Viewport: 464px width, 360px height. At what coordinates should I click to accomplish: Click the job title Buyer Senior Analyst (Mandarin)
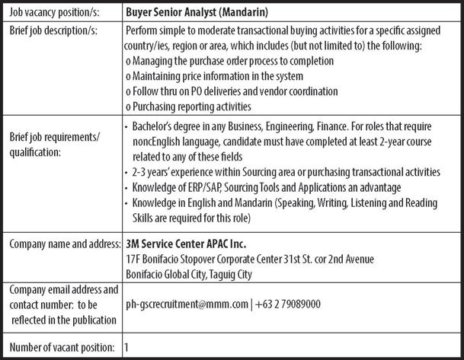coord(202,13)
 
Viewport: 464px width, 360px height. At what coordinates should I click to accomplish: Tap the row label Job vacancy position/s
coord(54,13)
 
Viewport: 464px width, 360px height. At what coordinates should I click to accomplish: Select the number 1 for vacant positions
coord(126,346)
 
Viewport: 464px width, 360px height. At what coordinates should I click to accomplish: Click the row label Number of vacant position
coord(61,346)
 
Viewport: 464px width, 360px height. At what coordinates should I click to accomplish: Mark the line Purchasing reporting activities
coord(190,107)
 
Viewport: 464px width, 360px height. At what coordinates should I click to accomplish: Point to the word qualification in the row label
coord(36,152)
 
